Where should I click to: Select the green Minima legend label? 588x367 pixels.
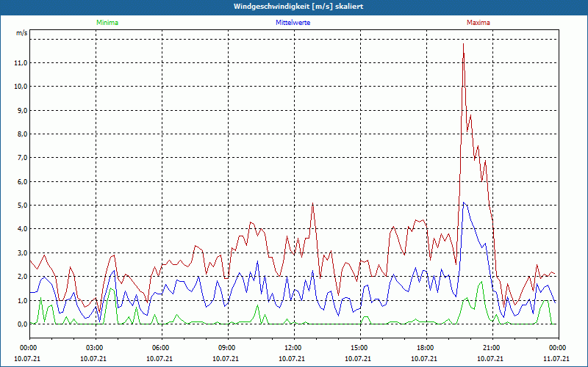[107, 23]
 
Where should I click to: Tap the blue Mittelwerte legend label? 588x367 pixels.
[293, 23]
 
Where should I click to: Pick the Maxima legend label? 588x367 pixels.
[478, 23]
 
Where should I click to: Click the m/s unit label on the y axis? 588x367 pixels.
[22, 34]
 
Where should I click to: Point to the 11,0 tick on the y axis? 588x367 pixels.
[21, 63]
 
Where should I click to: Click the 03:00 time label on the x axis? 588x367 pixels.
[95, 348]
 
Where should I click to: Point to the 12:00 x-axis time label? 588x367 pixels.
[293, 348]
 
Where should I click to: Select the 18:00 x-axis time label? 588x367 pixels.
[426, 348]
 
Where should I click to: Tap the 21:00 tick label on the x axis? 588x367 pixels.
[492, 348]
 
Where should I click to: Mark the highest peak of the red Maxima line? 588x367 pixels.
[463, 44]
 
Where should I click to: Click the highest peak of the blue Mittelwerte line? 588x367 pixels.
[462, 203]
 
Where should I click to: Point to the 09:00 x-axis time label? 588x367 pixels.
[227, 348]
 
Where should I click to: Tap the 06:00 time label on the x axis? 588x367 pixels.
[161, 348]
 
